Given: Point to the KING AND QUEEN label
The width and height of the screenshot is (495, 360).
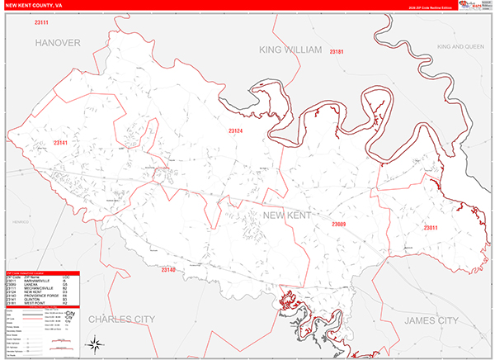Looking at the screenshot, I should pyautogui.click(x=460, y=47).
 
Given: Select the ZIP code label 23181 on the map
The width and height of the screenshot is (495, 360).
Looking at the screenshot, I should pyautogui.click(x=337, y=52).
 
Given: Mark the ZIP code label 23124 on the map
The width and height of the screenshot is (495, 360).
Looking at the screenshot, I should pyautogui.click(x=236, y=130).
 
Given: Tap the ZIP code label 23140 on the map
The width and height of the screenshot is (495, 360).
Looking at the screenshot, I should pyautogui.click(x=168, y=270).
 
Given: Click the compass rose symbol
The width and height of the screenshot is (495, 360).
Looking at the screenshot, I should pyautogui.click(x=96, y=342).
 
